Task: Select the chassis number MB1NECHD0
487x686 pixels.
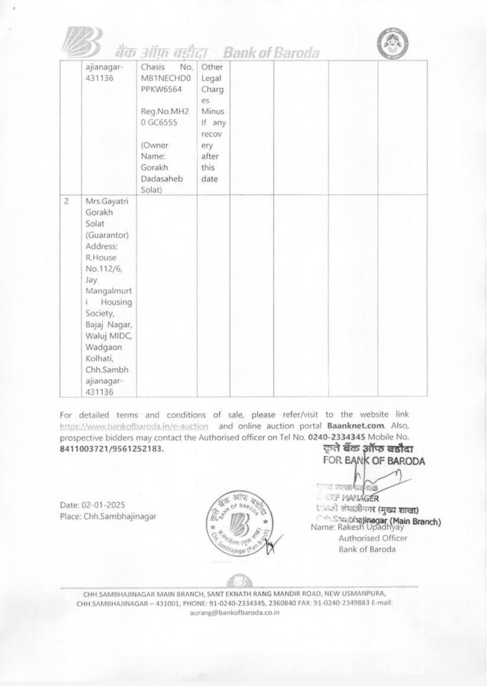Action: tap(166, 78)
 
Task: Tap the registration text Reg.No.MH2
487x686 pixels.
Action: tap(165, 112)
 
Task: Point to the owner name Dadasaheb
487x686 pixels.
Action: tap(162, 179)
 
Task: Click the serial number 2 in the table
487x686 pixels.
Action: tap(67, 201)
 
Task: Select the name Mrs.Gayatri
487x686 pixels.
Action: tap(107, 201)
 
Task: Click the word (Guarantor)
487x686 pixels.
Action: tap(107, 235)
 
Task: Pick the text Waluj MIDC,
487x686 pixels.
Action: tap(109, 336)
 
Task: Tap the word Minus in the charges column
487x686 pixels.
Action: tap(212, 112)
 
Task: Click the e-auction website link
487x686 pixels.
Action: tap(134, 426)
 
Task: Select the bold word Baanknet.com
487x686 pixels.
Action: tap(355, 426)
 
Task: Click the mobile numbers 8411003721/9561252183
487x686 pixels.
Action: tap(112, 449)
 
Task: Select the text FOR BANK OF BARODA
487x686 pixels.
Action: tap(374, 461)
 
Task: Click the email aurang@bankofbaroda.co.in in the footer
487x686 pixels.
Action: tap(234, 613)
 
